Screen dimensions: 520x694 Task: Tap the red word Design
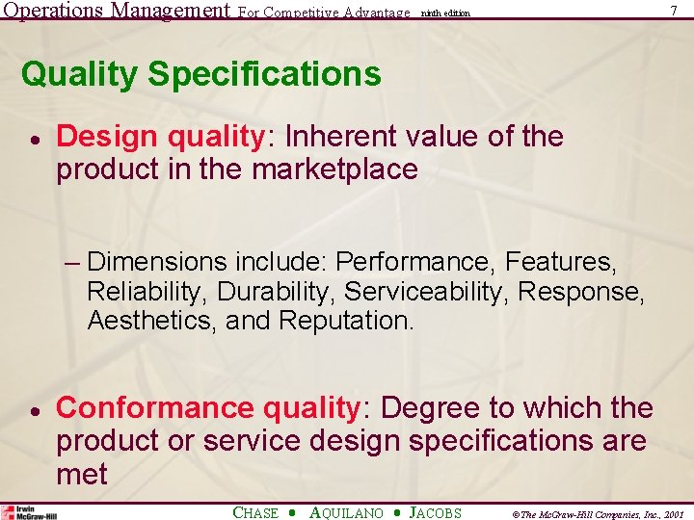pyautogui.click(x=108, y=137)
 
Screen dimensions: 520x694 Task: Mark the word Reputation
pyautogui.click(x=346, y=320)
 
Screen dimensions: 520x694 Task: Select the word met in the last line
pyautogui.click(x=82, y=474)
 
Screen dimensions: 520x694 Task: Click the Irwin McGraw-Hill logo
pyautogui.click(x=29, y=512)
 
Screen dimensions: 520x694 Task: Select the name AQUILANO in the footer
pyautogui.click(x=347, y=513)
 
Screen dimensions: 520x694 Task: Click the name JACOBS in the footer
pyautogui.click(x=436, y=513)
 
